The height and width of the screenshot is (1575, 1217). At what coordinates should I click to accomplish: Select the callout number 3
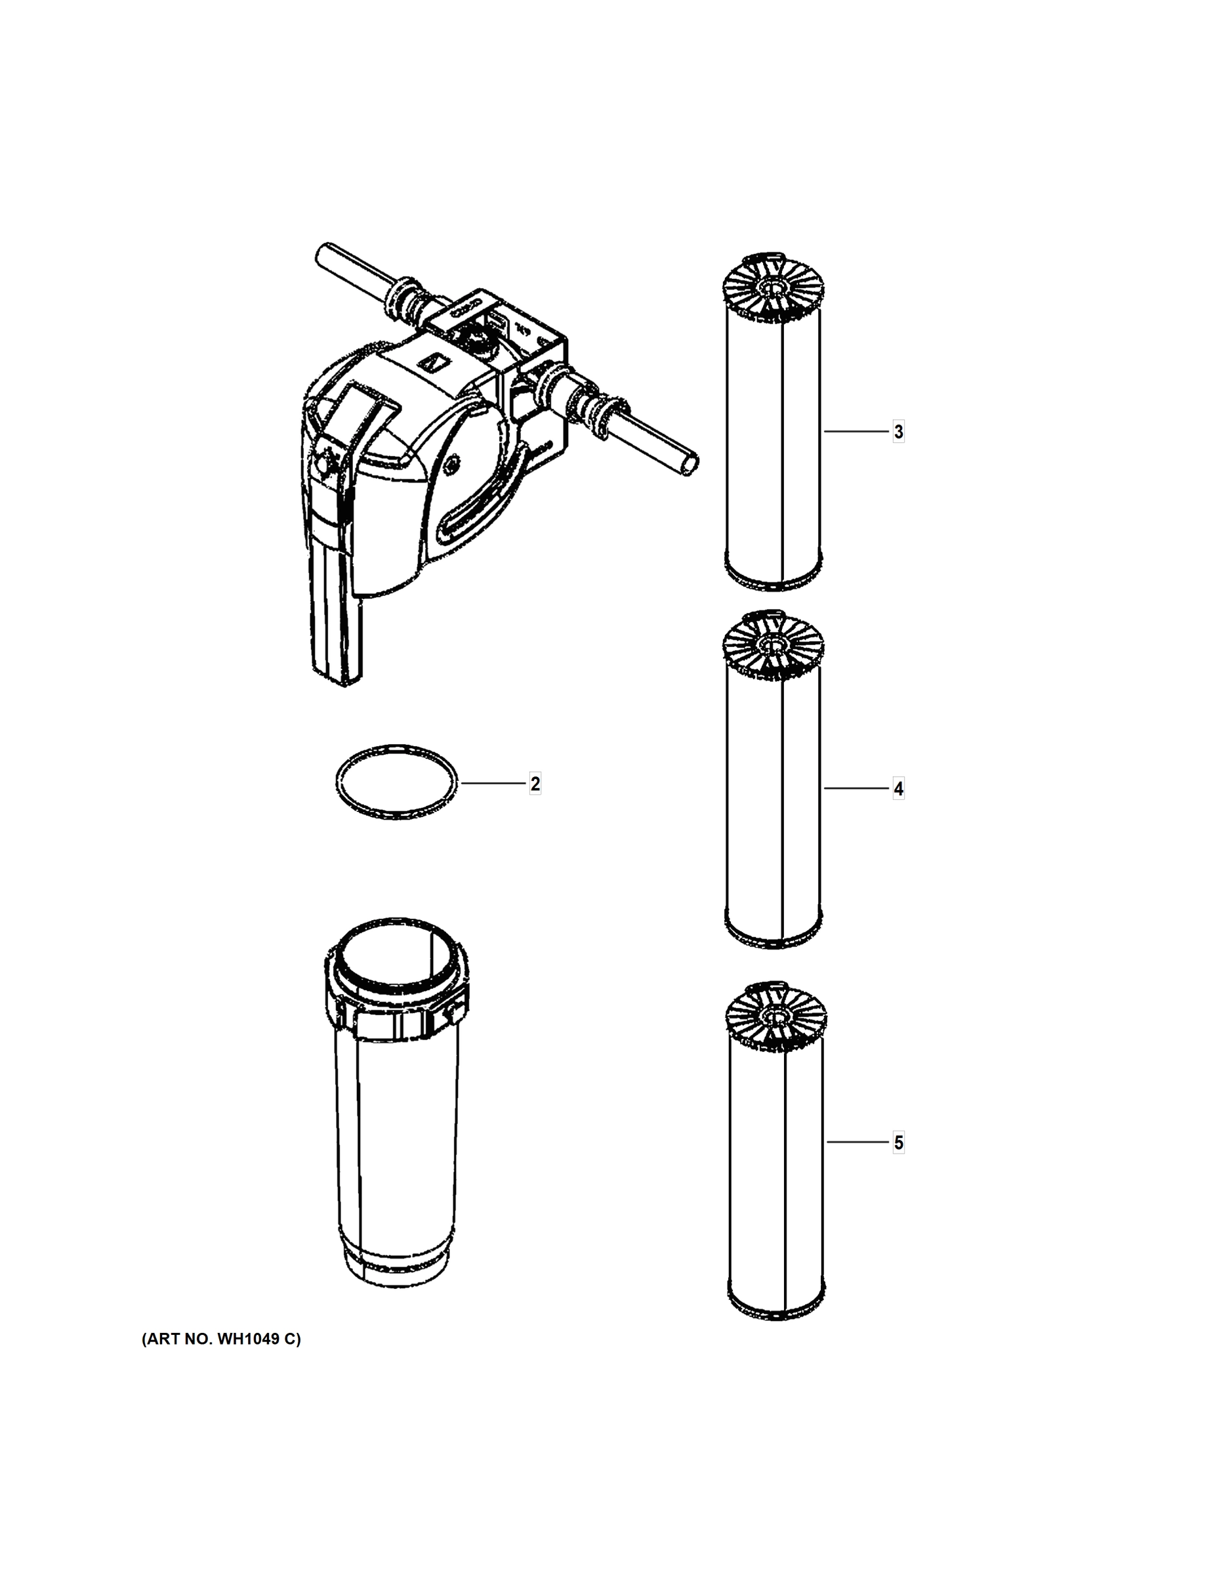tap(898, 432)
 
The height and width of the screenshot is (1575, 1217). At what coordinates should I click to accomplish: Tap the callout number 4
tap(898, 789)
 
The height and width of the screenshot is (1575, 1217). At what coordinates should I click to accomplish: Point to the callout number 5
tap(898, 1143)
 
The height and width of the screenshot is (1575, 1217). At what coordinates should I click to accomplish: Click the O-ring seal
tap(396, 782)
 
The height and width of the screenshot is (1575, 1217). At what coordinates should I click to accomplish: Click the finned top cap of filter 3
tap(774, 286)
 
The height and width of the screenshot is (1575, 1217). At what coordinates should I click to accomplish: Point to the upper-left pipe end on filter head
tap(323, 254)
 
